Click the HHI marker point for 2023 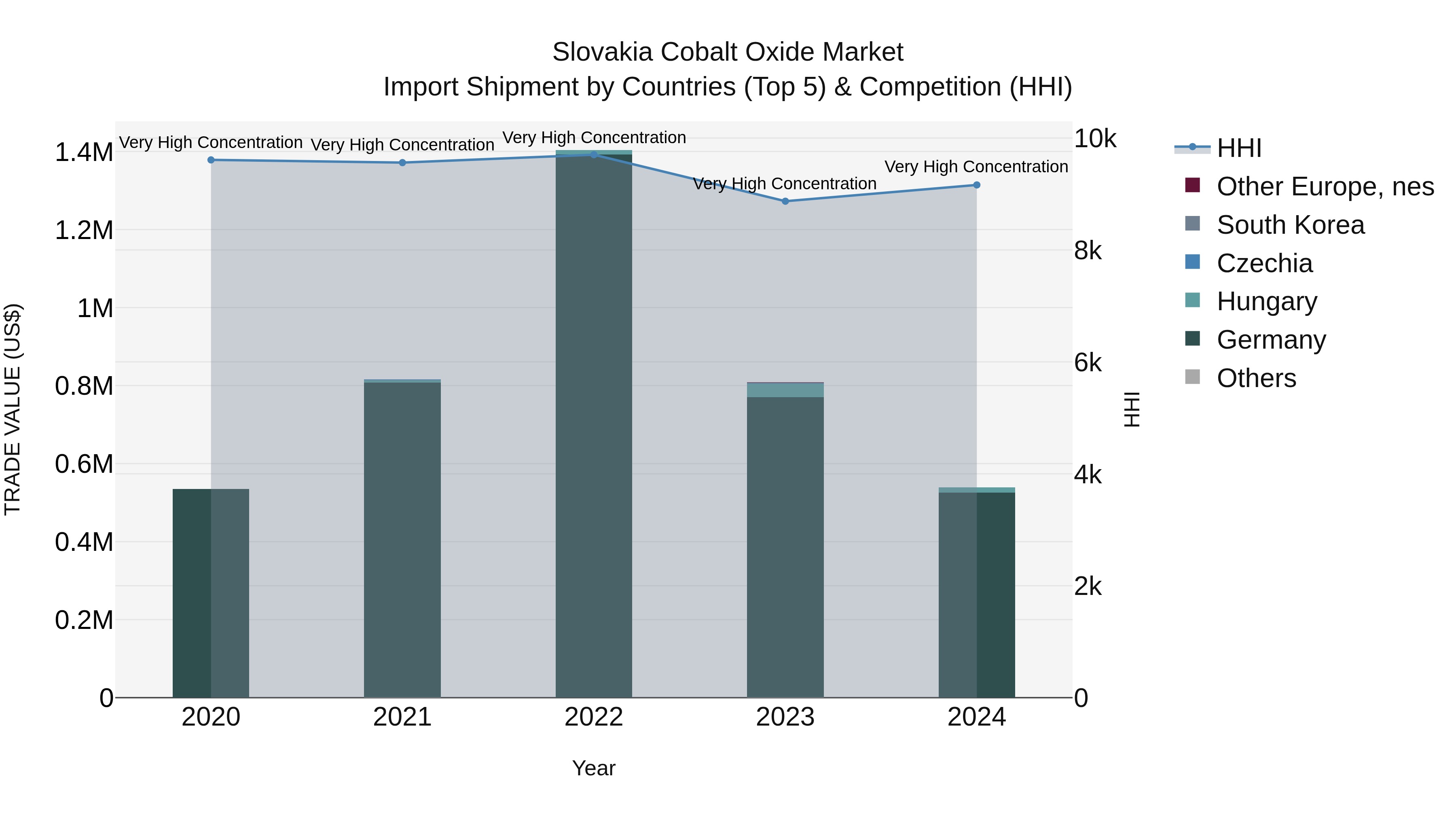click(x=785, y=201)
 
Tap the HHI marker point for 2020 click(x=211, y=160)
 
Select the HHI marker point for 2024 click(x=976, y=185)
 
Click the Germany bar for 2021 click(x=402, y=540)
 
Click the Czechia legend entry click(x=1264, y=263)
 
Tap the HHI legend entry click(x=1238, y=148)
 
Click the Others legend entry click(x=1256, y=378)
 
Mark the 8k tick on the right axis click(x=1088, y=250)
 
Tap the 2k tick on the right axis click(x=1088, y=587)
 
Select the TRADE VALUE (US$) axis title click(x=13, y=409)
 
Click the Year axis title click(x=593, y=768)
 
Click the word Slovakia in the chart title click(x=603, y=52)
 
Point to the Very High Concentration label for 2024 click(x=976, y=167)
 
